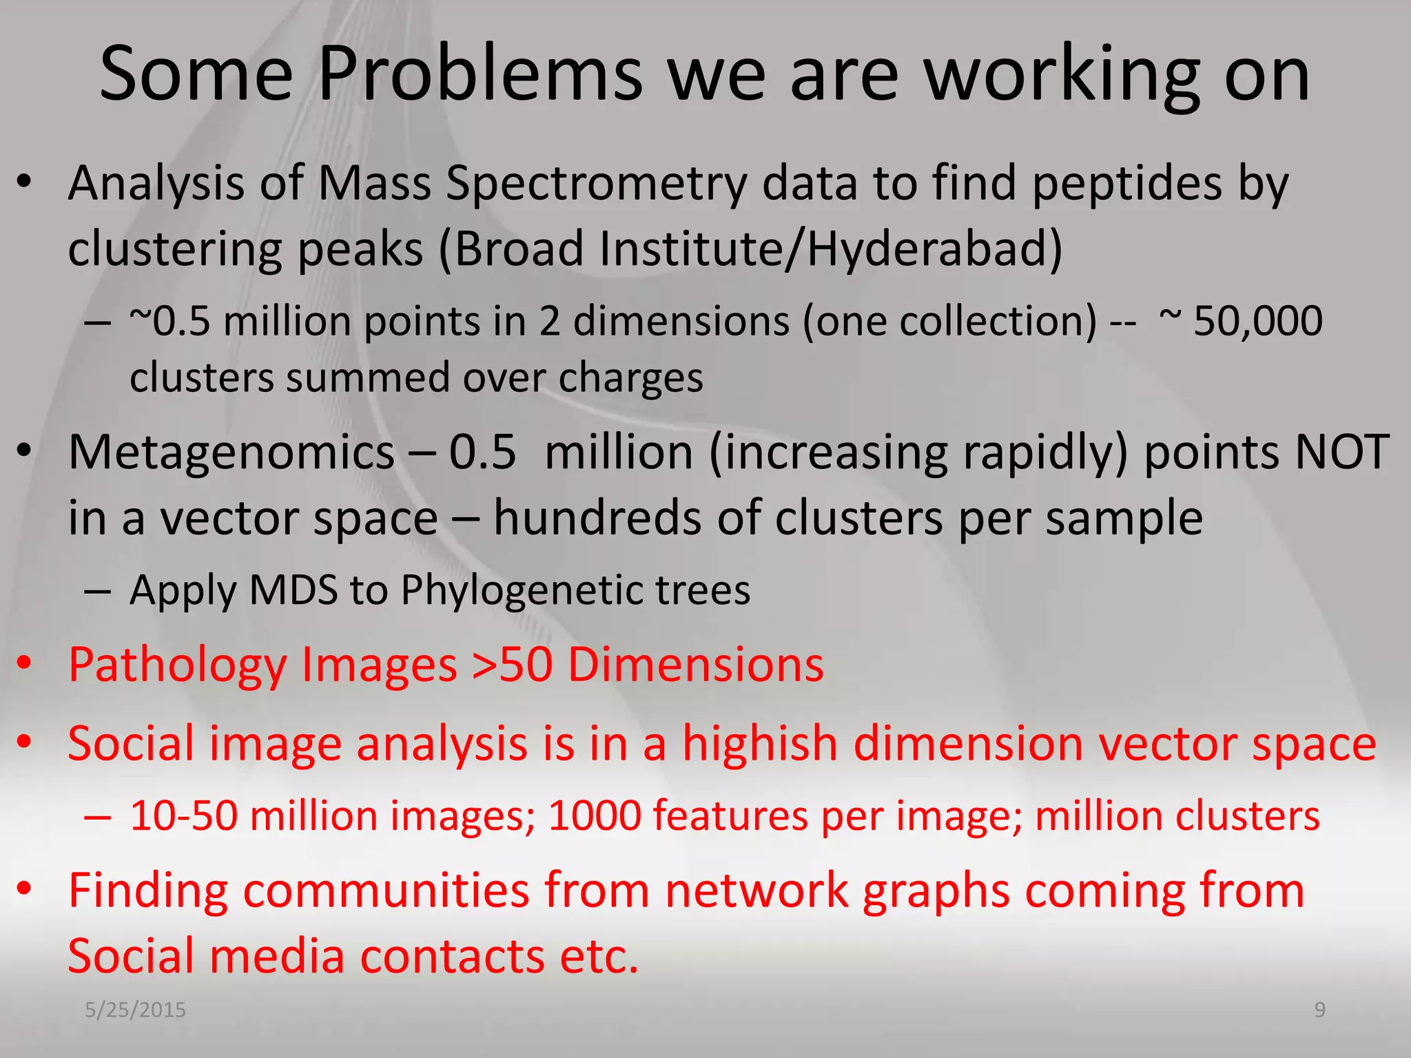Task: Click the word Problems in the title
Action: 480,74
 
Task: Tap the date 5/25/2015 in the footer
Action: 135,1010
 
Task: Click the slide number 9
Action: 1319,1010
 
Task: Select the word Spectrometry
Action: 596,185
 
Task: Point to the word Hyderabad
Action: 934,249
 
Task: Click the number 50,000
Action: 1257,321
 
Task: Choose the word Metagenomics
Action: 231,453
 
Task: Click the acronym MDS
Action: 293,590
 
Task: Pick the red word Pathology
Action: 177,666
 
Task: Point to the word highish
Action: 760,744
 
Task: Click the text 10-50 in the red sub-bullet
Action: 183,816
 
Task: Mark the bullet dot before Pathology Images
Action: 25,663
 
